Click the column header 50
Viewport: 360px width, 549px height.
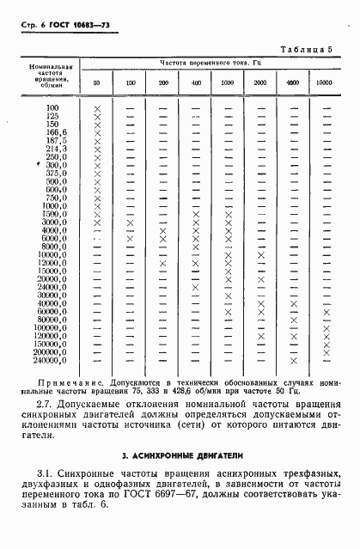click(97, 82)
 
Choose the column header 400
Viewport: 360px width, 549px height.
click(196, 82)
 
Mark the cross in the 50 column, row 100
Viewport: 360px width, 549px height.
click(97, 107)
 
